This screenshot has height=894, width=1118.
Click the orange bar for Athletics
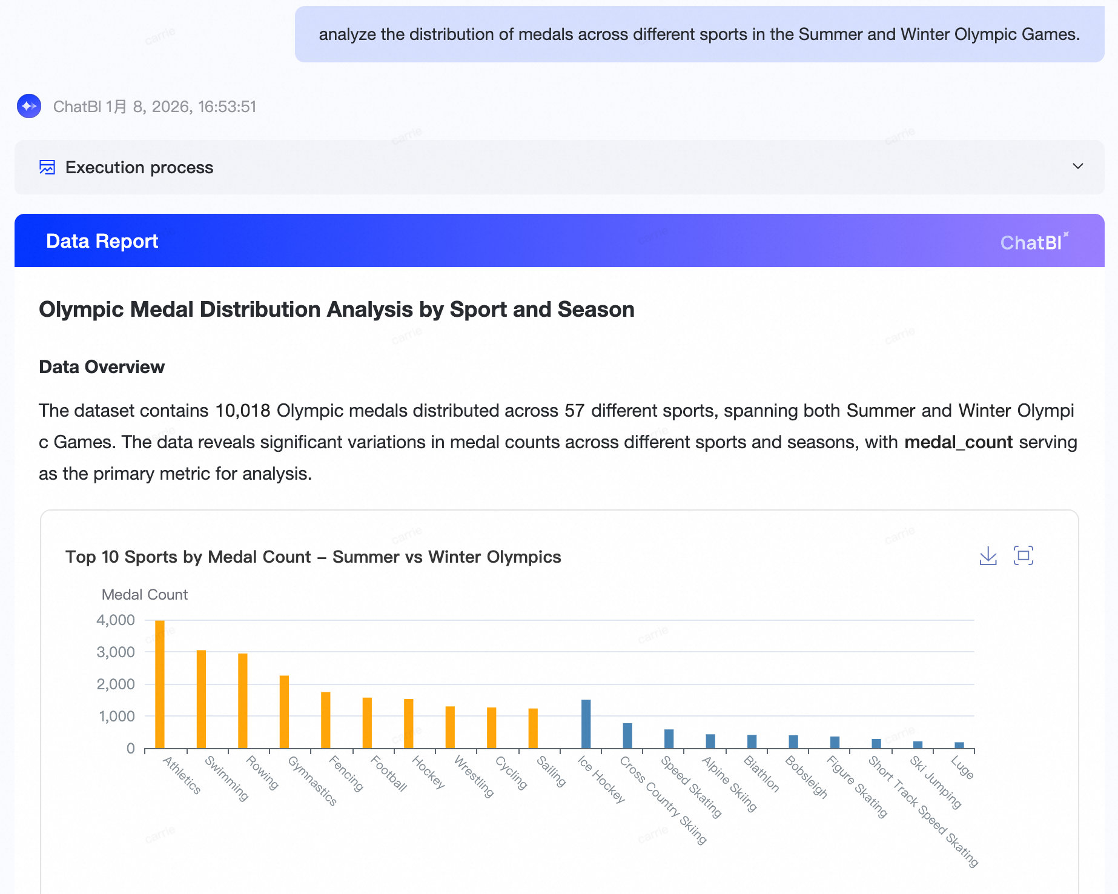[160, 684]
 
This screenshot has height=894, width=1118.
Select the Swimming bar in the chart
[201, 699]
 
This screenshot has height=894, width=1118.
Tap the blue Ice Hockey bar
[586, 724]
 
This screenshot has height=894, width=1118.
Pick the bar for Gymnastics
[284, 712]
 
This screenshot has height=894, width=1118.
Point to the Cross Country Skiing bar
[627, 735]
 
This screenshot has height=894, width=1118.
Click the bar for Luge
[959, 745]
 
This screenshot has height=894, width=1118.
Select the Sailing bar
[533, 728]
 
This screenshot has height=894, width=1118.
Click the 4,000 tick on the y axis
[116, 620]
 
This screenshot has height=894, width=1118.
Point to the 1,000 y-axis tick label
[116, 716]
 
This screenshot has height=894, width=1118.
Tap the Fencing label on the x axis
[346, 773]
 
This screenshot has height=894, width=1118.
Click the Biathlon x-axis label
[761, 773]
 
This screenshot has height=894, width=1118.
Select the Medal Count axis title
[144, 595]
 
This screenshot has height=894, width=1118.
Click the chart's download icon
[988, 555]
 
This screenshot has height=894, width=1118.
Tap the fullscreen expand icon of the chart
[1024, 555]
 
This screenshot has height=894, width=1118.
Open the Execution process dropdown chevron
[1077, 167]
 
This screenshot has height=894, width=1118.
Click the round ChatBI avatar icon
[29, 107]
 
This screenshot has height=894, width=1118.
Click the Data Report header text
[102, 241]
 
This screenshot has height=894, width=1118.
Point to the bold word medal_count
[958, 442]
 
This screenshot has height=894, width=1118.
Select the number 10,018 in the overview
[242, 411]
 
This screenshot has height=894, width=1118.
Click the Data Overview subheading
[102, 367]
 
